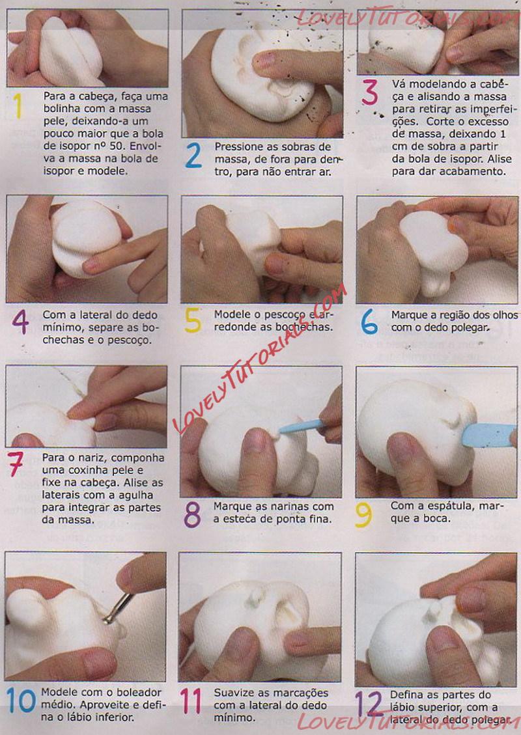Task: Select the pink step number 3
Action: [369, 92]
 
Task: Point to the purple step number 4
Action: [20, 322]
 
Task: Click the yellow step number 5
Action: [193, 320]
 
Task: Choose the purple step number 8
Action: [192, 514]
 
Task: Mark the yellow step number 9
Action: [363, 515]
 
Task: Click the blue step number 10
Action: [21, 700]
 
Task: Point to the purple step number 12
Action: [369, 702]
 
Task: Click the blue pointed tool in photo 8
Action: [301, 427]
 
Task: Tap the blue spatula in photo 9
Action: [488, 435]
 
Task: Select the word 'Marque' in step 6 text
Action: [410, 316]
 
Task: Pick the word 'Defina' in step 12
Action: [405, 695]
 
